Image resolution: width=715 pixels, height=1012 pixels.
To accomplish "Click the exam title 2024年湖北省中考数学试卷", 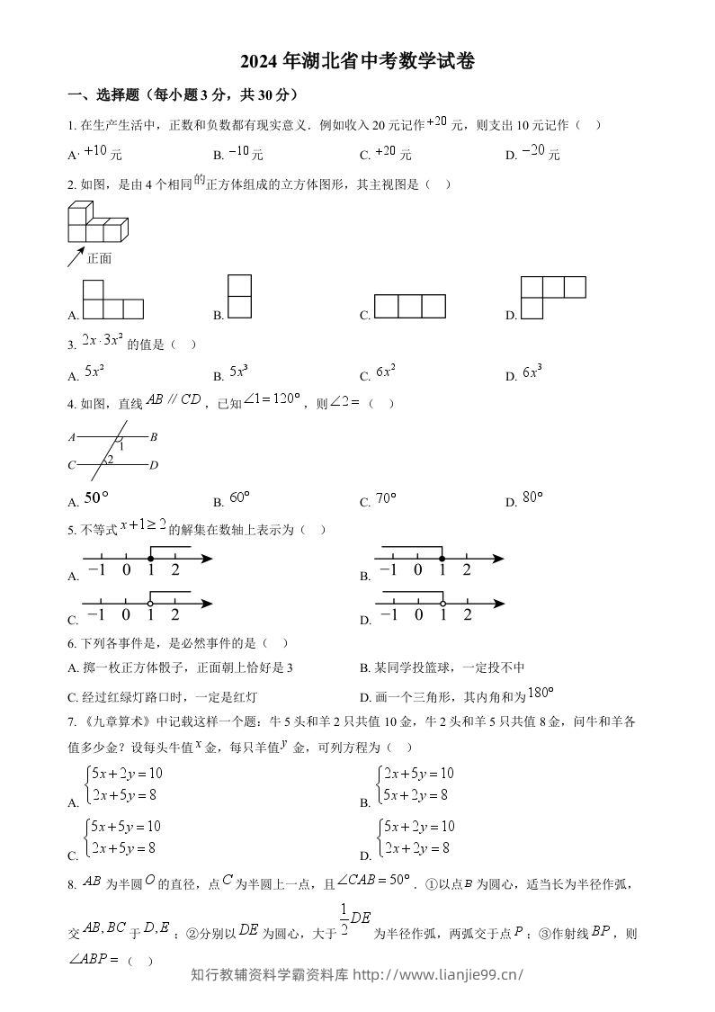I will (x=357, y=61).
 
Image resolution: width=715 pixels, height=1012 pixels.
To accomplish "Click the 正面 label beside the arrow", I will (x=100, y=259).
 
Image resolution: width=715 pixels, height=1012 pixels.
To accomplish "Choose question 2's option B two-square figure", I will (x=239, y=296).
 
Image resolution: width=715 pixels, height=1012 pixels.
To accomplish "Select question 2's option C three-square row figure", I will (x=409, y=307).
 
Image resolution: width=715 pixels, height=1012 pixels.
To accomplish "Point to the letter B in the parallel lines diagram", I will (x=154, y=437).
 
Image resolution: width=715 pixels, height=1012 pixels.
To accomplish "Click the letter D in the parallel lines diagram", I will (x=154, y=465).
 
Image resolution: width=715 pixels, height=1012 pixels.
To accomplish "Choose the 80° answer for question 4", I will (x=532, y=498).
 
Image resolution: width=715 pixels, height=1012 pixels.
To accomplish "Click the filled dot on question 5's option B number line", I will (x=442, y=559).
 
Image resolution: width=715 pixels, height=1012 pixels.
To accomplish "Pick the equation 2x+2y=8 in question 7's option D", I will (x=416, y=847).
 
